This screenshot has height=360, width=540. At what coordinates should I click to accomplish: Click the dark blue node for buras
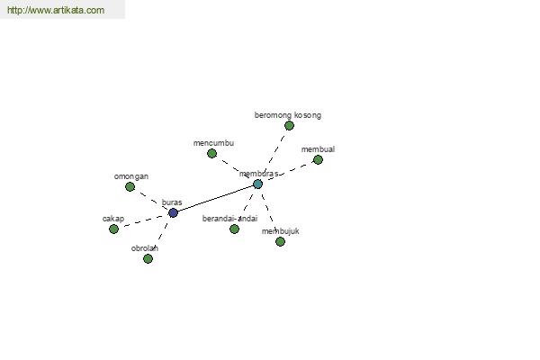(x=173, y=212)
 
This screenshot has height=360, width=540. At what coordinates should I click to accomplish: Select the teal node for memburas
(x=257, y=184)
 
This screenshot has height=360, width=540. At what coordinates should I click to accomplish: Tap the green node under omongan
(x=130, y=186)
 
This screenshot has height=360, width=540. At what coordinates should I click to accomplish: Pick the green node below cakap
(x=113, y=229)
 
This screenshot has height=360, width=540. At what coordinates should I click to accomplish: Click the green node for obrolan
(x=148, y=258)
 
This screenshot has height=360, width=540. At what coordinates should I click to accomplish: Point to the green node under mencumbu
(x=211, y=153)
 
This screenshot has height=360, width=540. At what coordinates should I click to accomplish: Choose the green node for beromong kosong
(x=289, y=125)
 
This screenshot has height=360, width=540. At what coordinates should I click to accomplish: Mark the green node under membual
(x=318, y=159)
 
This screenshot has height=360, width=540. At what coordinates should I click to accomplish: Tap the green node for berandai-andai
(x=234, y=229)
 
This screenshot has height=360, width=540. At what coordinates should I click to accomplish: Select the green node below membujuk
(x=280, y=241)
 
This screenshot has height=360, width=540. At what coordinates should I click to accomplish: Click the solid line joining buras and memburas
(x=215, y=198)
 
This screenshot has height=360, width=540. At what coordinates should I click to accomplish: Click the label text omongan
(x=131, y=176)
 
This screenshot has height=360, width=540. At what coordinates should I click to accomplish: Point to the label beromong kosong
(x=288, y=115)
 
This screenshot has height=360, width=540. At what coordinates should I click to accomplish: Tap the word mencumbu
(x=213, y=143)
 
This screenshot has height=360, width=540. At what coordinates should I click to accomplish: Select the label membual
(x=318, y=149)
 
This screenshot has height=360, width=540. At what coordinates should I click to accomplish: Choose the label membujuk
(x=280, y=231)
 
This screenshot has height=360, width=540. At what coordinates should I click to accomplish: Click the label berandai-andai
(x=229, y=219)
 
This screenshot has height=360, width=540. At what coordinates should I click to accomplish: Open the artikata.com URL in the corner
(x=56, y=10)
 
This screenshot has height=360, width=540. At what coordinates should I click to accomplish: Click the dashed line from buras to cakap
(x=143, y=220)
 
